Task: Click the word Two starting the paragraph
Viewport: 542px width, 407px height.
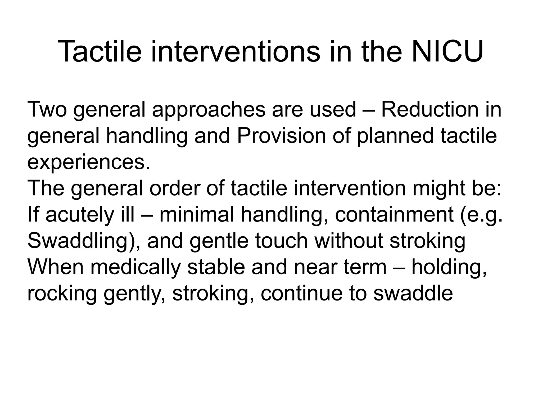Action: tap(47, 109)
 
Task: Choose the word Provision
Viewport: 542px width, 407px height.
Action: tap(281, 136)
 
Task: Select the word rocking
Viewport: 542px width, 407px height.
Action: tap(62, 294)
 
